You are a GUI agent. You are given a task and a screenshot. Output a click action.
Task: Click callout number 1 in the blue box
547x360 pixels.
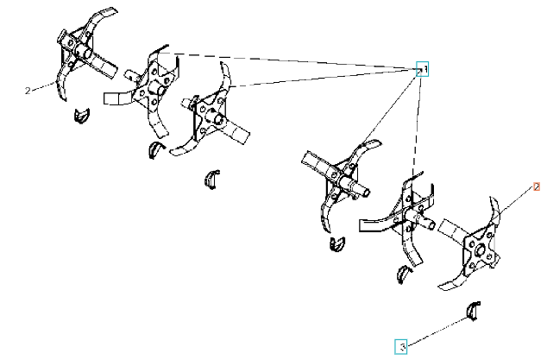(422, 69)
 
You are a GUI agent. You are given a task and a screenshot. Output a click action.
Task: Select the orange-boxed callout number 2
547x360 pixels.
(537, 186)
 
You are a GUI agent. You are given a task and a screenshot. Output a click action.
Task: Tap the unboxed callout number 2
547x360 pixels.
(28, 91)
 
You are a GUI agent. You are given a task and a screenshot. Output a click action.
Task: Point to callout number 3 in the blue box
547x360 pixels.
(401, 347)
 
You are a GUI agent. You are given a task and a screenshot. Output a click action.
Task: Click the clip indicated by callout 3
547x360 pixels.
(474, 311)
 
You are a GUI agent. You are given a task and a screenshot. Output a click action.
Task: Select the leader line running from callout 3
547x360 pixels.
(437, 332)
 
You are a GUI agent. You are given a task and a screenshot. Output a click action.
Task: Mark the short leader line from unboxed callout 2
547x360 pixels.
(43, 86)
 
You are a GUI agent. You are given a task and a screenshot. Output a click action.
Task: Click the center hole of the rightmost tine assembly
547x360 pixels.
(479, 249)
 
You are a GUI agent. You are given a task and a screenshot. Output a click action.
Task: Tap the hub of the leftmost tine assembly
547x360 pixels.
(82, 52)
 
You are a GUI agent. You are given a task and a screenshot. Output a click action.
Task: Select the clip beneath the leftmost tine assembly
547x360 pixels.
(82, 116)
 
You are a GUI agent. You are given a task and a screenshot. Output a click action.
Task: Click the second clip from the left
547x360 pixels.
(155, 149)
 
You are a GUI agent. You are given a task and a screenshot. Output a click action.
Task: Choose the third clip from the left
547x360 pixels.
(211, 180)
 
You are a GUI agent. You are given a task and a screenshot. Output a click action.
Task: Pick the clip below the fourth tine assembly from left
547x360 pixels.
(337, 243)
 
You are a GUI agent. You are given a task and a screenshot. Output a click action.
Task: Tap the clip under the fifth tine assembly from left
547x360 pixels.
(404, 273)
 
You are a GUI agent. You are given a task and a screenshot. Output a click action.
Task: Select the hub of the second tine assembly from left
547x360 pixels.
(156, 87)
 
